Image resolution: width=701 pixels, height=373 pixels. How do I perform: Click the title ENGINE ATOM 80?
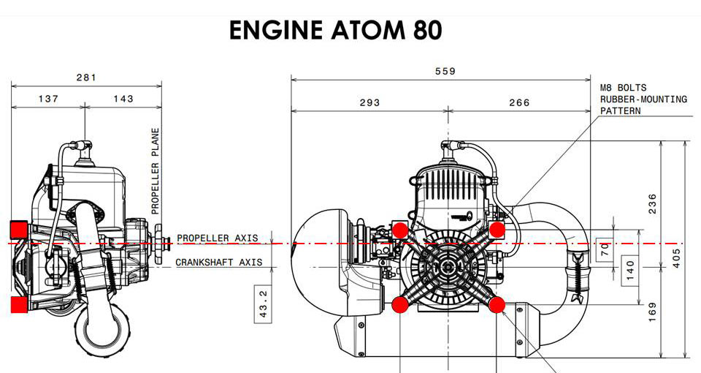[335, 31]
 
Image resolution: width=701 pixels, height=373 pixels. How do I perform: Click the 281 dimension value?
[86, 78]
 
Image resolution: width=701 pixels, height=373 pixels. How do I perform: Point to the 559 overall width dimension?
[445, 71]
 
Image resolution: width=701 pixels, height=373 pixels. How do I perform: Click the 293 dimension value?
[369, 102]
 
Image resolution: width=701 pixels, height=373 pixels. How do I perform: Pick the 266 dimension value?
[519, 102]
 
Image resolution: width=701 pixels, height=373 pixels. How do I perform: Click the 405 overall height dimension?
[676, 257]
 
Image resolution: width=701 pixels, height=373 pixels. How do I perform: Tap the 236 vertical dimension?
[652, 200]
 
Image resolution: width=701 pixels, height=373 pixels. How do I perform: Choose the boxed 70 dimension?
[604, 249]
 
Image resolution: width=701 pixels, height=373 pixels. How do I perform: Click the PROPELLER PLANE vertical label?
[155, 171]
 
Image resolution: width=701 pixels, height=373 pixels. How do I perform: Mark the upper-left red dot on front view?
[400, 230]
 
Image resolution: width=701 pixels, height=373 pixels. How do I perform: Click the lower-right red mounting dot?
[497, 304]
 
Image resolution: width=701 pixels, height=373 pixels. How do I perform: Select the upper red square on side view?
[19, 229]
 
